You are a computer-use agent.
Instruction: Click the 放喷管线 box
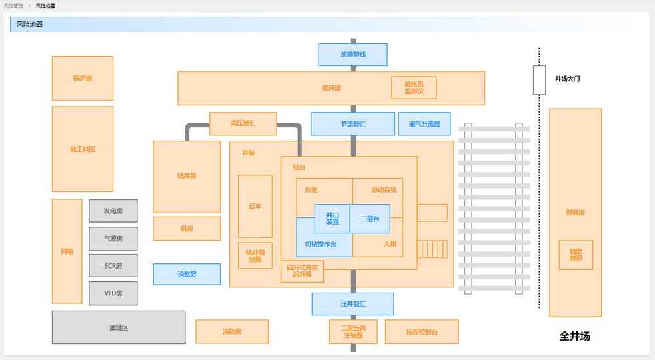tap(352, 55)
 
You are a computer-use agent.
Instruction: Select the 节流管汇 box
tap(352, 124)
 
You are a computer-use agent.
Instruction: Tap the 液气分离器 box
tap(424, 124)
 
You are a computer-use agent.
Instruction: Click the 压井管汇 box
tap(352, 304)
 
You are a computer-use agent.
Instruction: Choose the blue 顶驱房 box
tap(187, 274)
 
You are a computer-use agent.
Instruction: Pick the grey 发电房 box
tap(113, 211)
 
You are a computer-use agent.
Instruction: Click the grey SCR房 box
tap(113, 265)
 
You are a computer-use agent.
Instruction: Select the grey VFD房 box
tap(113, 293)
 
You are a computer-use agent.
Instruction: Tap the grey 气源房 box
tap(113, 238)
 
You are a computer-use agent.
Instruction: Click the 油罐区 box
tap(119, 327)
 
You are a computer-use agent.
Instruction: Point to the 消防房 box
tap(231, 331)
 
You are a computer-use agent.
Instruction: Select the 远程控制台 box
tap(421, 331)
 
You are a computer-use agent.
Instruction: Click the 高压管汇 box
tap(243, 123)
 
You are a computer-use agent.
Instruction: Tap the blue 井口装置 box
tap(332, 219)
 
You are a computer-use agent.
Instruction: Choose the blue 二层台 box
tap(370, 219)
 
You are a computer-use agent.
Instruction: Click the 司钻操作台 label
tap(320, 245)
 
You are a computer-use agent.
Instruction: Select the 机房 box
tap(187, 229)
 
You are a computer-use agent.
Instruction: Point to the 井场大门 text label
tap(567, 79)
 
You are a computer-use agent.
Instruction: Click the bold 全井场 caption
tap(574, 336)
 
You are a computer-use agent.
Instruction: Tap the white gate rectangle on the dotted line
tap(539, 79)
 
